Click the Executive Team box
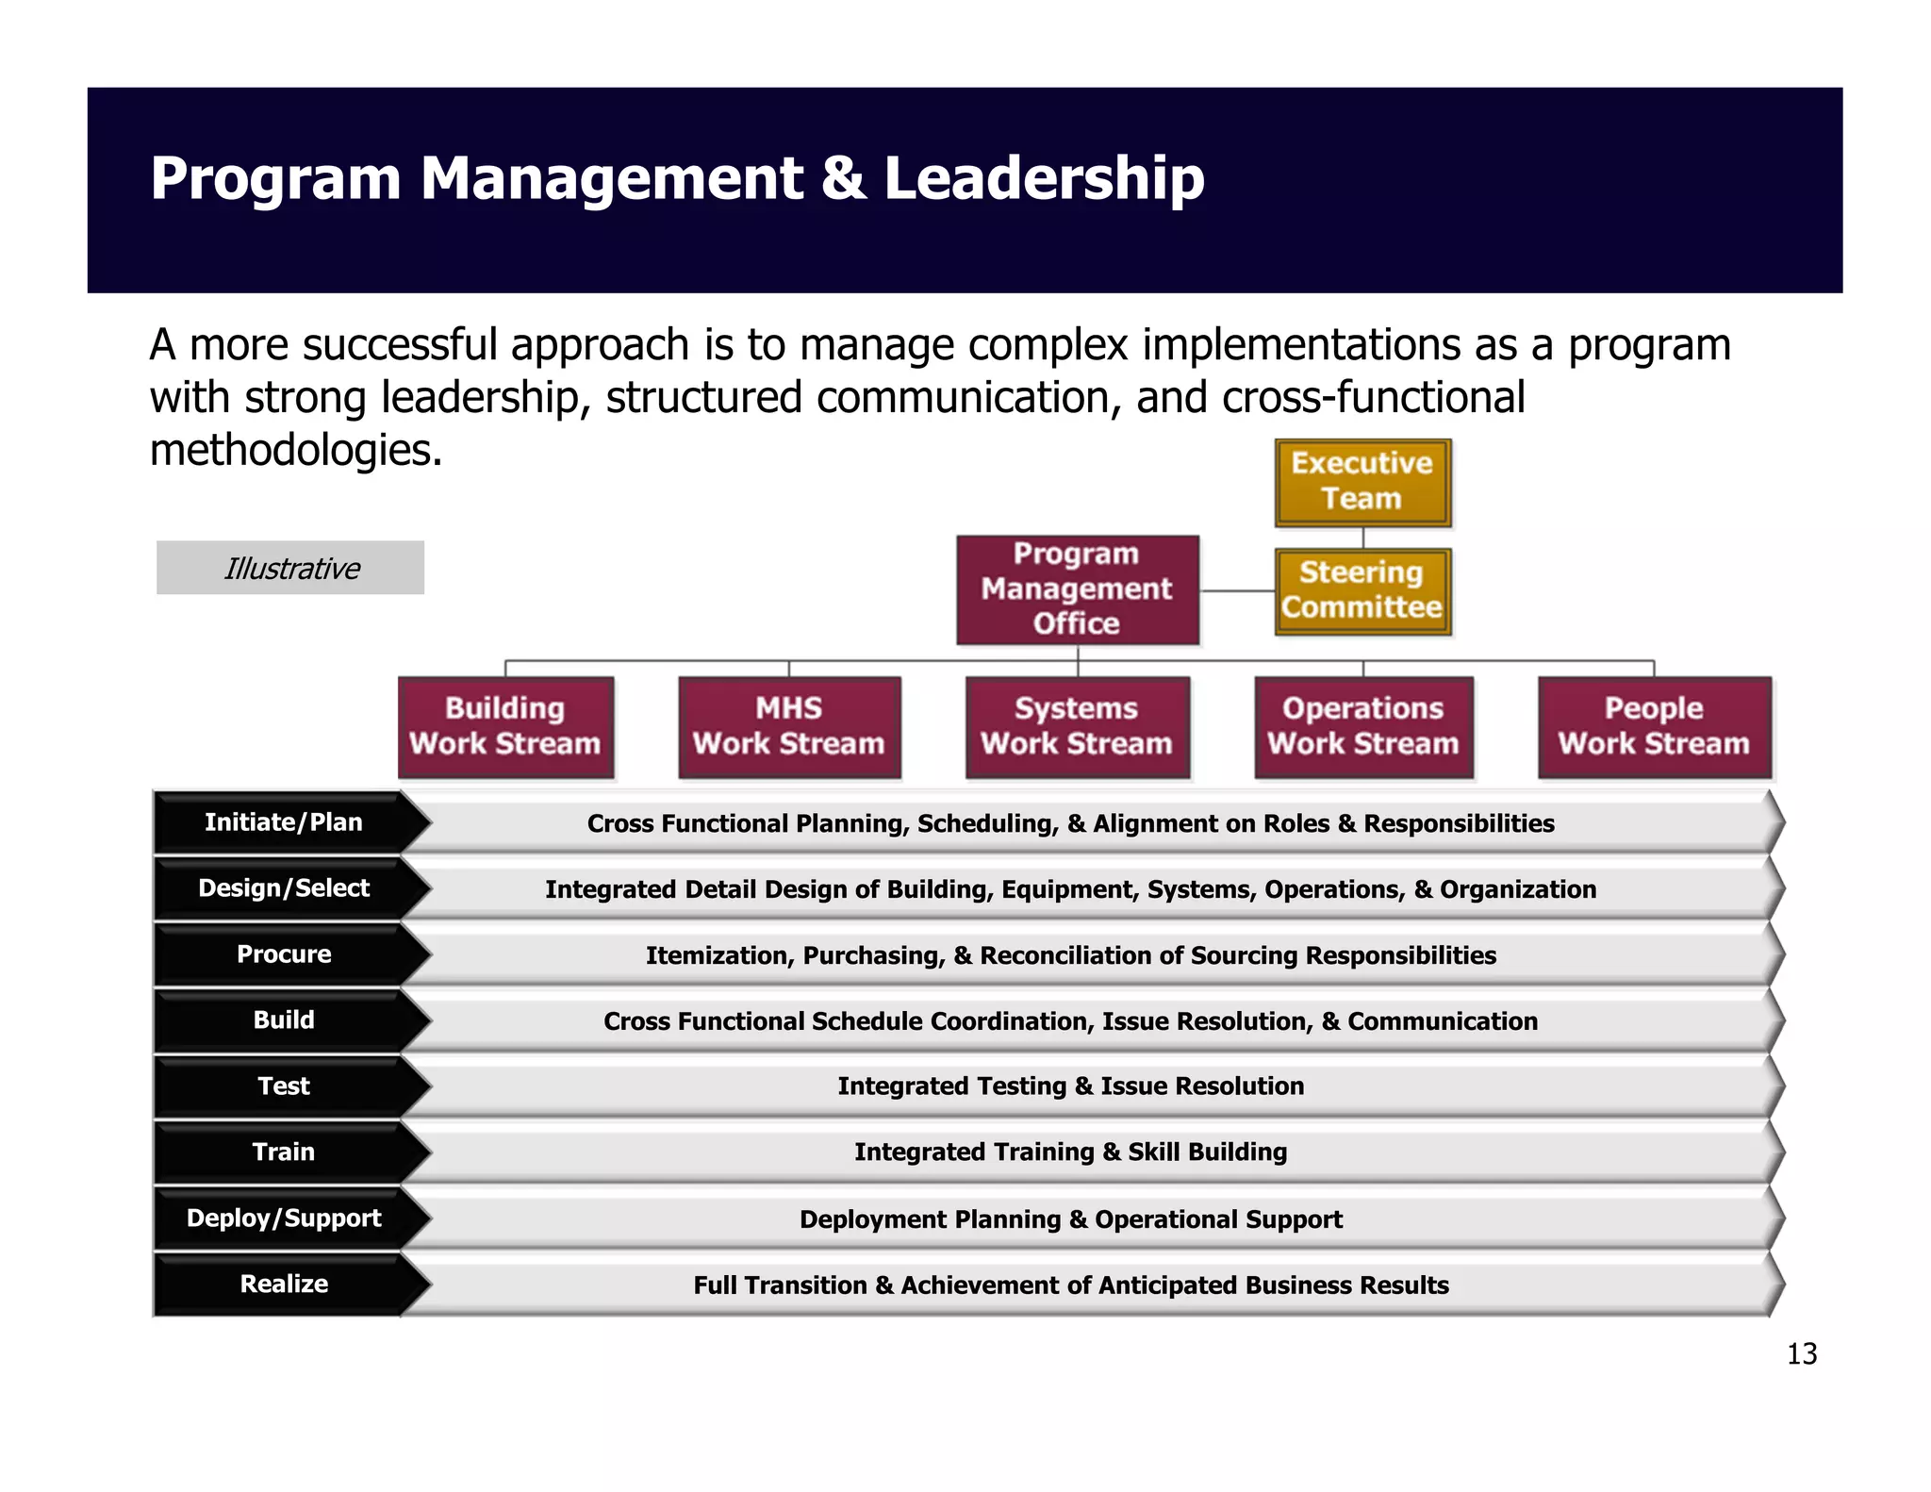[1362, 482]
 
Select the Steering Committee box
[1362, 591]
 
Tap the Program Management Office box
[1077, 589]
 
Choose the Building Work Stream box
[505, 726]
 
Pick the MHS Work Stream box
[789, 726]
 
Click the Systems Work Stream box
[1077, 726]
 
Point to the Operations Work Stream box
[1362, 726]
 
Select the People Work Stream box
[1654, 726]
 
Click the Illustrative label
[290, 568]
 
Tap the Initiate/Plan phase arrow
[283, 822]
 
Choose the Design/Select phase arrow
[283, 888]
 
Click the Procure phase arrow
[283, 954]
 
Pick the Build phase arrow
[283, 1020]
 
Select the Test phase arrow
[283, 1086]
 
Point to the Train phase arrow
[283, 1152]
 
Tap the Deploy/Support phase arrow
[283, 1218]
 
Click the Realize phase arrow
[283, 1285]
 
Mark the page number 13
[1801, 1354]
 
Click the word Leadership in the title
[1044, 179]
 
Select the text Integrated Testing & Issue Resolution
[1070, 1086]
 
